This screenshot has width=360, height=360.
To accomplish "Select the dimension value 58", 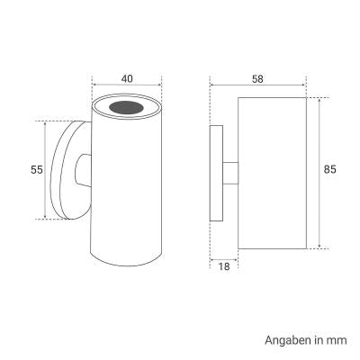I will (257, 79).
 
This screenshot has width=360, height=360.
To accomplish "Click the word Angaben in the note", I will (286, 341).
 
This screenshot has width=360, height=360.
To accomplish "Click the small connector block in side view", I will (230, 173).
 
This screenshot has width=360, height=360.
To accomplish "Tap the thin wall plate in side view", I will (216, 173).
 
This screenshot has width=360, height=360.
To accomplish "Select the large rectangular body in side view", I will (274, 171).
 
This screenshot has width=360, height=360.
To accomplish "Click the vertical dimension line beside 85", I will (319, 171).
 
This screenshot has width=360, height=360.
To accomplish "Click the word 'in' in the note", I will (319, 341).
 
